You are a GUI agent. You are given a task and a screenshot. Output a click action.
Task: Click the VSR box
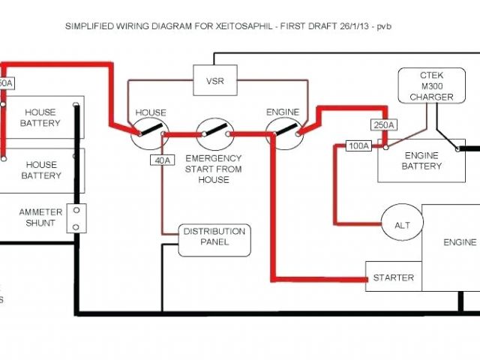pyautogui.click(x=214, y=79)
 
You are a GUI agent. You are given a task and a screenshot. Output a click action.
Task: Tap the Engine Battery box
pyautogui.click(x=422, y=160)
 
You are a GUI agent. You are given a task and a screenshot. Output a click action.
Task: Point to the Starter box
pyautogui.click(x=393, y=277)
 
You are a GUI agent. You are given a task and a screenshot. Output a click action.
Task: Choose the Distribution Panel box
pyautogui.click(x=214, y=236)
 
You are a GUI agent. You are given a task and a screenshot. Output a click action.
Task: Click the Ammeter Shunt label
pyautogui.click(x=40, y=217)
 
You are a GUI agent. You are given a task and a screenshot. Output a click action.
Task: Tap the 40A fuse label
pyautogui.click(x=161, y=160)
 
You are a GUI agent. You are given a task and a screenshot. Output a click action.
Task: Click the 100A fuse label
pyautogui.click(x=358, y=145)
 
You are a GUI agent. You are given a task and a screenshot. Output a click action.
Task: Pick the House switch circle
pyautogui.click(x=149, y=134)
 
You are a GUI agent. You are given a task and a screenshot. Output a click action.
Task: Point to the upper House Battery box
pyautogui.click(x=40, y=117)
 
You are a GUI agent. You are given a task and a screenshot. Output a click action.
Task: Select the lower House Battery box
pyautogui.click(x=40, y=169)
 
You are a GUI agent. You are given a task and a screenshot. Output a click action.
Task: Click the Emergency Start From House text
pyautogui.click(x=214, y=169)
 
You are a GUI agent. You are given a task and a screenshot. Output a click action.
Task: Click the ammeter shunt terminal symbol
pyautogui.click(x=76, y=218)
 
